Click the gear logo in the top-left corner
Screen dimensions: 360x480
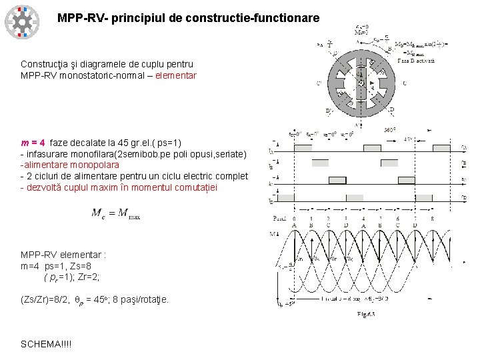click(x=22, y=21)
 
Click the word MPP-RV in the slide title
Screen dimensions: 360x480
click(x=78, y=17)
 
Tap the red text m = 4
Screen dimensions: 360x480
click(x=33, y=143)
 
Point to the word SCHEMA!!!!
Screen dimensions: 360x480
click(x=46, y=344)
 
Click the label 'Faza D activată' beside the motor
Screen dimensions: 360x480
click(x=417, y=60)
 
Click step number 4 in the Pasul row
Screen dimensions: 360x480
click(x=363, y=218)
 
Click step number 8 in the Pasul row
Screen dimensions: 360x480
click(x=433, y=218)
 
